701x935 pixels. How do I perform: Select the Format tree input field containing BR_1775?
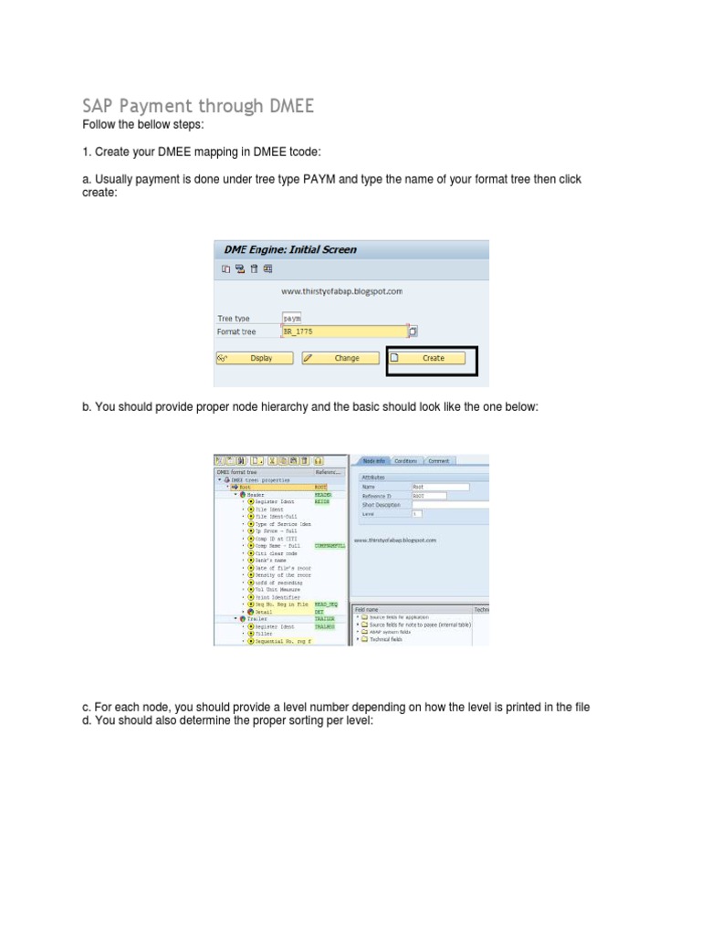tap(344, 331)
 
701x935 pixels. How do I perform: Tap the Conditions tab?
tap(405, 461)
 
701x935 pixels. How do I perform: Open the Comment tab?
tap(439, 461)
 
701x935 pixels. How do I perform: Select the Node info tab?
tap(373, 461)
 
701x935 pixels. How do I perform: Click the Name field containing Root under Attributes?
tap(440, 488)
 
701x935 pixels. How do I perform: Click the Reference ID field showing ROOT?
tap(429, 496)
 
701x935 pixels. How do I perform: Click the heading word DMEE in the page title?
tap(289, 106)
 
